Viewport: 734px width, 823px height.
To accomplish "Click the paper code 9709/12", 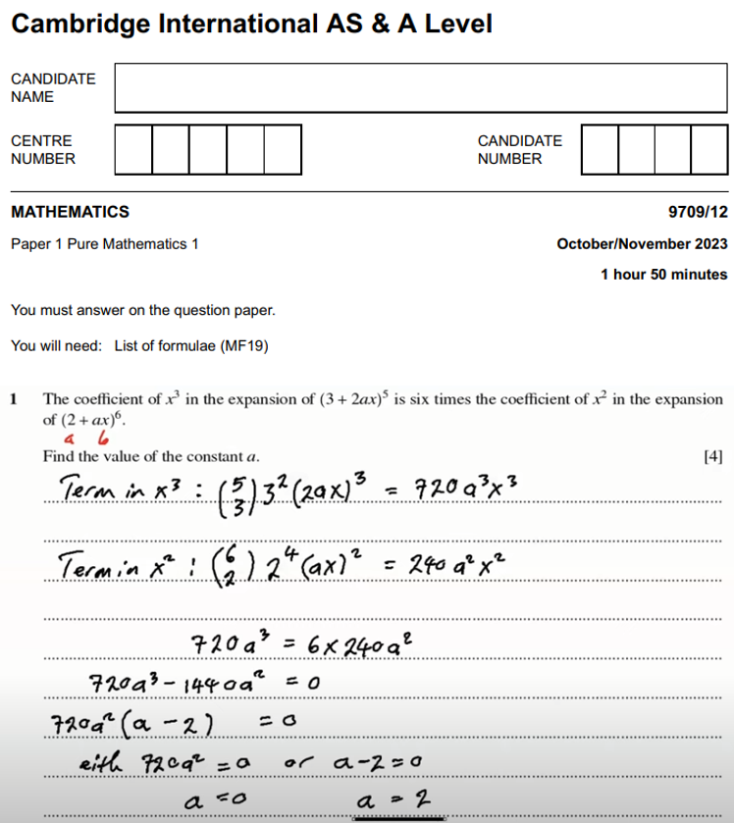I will (x=696, y=212).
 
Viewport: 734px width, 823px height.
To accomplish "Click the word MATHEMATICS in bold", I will (x=70, y=212).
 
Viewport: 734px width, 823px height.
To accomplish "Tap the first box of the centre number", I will (x=133, y=149).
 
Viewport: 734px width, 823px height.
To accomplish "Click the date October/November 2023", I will (x=642, y=243).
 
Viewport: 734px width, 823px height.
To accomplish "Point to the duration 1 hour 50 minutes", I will (x=664, y=275).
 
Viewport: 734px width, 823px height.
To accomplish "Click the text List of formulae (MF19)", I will (x=191, y=345).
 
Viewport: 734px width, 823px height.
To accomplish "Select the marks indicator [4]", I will (x=713, y=456).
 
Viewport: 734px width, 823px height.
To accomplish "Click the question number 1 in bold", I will (x=15, y=399).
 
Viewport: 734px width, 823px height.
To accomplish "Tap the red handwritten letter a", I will (x=70, y=439).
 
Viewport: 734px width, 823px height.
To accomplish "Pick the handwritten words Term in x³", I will (x=116, y=486).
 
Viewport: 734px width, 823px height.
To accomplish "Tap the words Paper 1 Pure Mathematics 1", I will (x=104, y=243).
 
